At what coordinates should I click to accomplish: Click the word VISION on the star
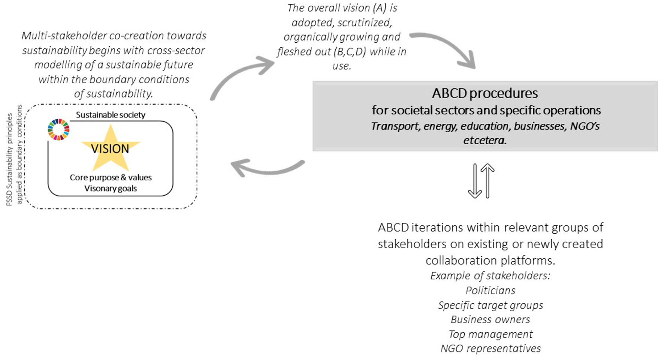[110, 149]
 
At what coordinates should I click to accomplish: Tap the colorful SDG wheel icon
[58, 129]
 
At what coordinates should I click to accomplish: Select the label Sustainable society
[111, 115]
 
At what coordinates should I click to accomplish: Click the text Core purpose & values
[111, 177]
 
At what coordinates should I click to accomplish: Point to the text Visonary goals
[111, 188]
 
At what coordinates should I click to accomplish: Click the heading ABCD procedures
[485, 93]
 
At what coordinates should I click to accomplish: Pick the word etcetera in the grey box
[485, 140]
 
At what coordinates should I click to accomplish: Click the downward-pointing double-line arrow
[475, 181]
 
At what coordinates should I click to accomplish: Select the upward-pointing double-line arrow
[488, 181]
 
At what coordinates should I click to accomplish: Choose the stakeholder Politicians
[491, 290]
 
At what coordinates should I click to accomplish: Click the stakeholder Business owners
[491, 319]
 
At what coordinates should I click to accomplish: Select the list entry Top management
[491, 334]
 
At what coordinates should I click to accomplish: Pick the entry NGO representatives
[491, 348]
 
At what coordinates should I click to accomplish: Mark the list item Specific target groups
[491, 305]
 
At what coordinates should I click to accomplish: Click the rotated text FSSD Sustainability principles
[10, 159]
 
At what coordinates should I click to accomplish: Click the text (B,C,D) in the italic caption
[350, 51]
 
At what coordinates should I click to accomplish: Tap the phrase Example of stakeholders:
[491, 276]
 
